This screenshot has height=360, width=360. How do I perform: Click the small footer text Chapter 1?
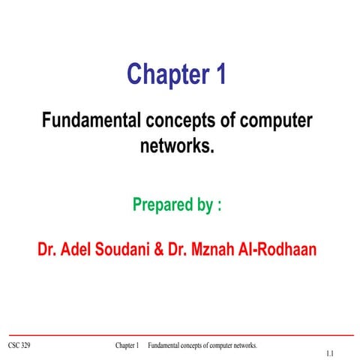(x=127, y=346)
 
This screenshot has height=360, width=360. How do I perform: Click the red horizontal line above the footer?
(x=180, y=335)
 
